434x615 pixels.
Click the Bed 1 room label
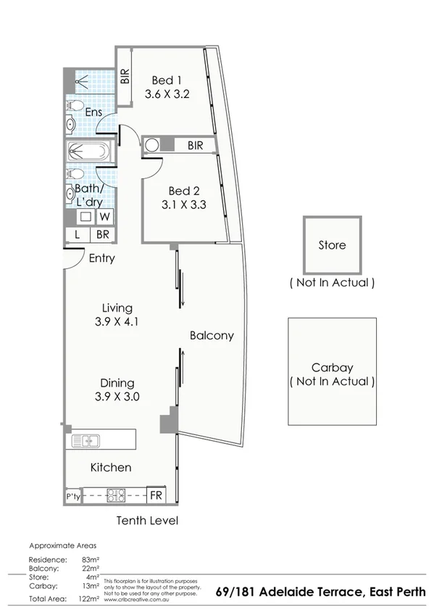pyautogui.click(x=167, y=80)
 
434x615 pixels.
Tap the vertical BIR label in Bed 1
pyautogui.click(x=125, y=76)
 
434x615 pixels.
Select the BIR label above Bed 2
pyautogui.click(x=195, y=146)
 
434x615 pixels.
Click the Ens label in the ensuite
pyautogui.click(x=93, y=112)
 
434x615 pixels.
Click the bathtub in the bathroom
pyautogui.click(x=88, y=153)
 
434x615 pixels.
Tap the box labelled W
pyautogui.click(x=105, y=216)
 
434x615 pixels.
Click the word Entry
pyautogui.click(x=101, y=258)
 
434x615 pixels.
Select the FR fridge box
pyautogui.click(x=156, y=496)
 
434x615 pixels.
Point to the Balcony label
pyautogui.click(x=212, y=335)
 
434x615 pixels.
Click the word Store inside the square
pyautogui.click(x=332, y=245)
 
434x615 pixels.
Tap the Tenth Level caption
pyautogui.click(x=147, y=521)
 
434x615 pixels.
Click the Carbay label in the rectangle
pyautogui.click(x=332, y=367)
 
